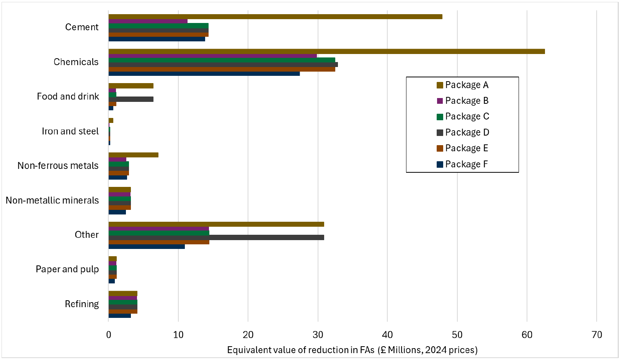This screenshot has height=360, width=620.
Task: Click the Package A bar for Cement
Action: pos(275,16)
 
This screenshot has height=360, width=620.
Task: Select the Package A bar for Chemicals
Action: pos(326,51)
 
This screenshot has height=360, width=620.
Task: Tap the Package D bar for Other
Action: pos(216,237)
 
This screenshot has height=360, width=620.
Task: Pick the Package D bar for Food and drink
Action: pos(131,99)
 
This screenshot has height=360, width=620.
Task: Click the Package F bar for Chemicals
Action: pos(204,74)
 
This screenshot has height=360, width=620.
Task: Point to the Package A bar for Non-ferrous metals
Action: pos(133,155)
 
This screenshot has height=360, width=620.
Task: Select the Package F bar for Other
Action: pos(147,246)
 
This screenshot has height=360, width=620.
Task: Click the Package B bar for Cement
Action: pos(148,21)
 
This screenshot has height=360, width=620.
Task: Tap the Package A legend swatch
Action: pos(440,85)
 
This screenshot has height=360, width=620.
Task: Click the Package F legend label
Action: pos(466,164)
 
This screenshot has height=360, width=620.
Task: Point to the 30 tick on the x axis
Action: pos(318,335)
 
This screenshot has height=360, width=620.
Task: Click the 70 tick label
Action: pos(597,335)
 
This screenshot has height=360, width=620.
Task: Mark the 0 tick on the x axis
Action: pos(109,335)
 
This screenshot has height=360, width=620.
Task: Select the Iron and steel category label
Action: pos(70,131)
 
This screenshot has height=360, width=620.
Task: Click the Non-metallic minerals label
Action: pos(52,200)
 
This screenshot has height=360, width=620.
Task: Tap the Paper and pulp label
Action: pos(67,269)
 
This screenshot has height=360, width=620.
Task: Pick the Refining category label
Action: pos(82,304)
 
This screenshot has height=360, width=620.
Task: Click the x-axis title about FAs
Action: pos(352,350)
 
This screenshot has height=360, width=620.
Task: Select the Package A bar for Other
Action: pos(216,224)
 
